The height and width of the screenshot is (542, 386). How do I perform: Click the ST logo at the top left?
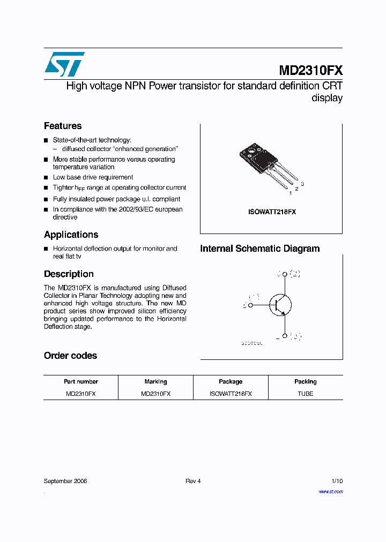64,64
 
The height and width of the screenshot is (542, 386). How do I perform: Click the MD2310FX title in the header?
310,71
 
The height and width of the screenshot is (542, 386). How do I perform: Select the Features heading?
63,126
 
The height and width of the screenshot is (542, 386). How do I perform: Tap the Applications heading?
71,235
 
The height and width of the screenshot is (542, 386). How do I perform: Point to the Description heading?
69,274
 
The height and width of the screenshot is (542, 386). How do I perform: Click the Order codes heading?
70,356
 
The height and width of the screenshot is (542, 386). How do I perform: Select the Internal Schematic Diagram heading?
259,249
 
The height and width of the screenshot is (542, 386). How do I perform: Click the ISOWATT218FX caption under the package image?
272,212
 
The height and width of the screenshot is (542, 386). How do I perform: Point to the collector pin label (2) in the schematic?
295,274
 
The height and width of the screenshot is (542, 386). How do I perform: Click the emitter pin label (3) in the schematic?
295,336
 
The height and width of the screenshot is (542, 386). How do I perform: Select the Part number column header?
81,382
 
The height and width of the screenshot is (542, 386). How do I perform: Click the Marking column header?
155,382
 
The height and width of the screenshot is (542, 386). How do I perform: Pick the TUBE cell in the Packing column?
305,394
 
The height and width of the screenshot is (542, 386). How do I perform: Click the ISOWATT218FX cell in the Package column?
231,394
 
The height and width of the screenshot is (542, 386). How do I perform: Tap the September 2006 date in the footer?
65,481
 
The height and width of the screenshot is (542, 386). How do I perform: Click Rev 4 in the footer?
193,481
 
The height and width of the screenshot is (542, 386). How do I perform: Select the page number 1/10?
337,481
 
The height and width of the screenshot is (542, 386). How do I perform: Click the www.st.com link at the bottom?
330,491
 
